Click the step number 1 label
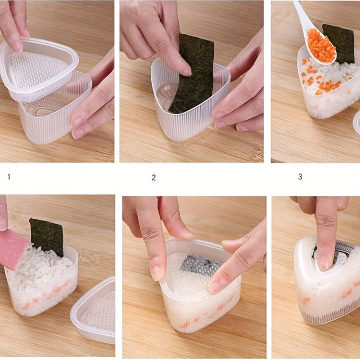click(9, 177)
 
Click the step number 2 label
click(153, 177)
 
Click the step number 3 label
click(300, 176)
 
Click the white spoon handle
click(303, 16)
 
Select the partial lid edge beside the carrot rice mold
click(356, 121)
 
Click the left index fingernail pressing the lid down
click(157, 273)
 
